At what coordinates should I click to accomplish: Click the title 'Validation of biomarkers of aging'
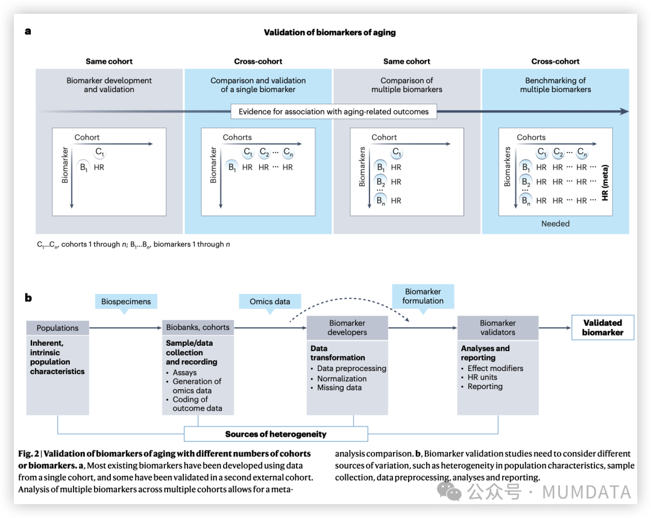pyautogui.click(x=330, y=33)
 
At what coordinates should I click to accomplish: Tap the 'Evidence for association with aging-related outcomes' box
pyautogui.click(x=333, y=111)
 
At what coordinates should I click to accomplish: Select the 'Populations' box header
pyautogui.click(x=58, y=328)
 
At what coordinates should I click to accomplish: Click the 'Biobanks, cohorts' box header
pyautogui.click(x=198, y=327)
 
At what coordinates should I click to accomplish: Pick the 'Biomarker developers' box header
pyautogui.click(x=347, y=328)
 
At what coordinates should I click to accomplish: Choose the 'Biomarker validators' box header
pyautogui.click(x=497, y=328)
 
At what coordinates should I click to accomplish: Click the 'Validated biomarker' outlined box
pyautogui.click(x=602, y=328)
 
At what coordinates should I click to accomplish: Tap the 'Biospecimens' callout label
pyautogui.click(x=126, y=301)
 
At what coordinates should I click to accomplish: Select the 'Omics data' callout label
pyautogui.click(x=269, y=301)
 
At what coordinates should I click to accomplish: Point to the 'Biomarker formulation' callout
pyautogui.click(x=423, y=296)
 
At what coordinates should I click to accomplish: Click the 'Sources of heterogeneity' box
pyautogui.click(x=275, y=434)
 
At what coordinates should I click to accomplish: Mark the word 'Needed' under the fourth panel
pyautogui.click(x=555, y=223)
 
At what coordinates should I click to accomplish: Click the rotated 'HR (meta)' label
pyautogui.click(x=605, y=183)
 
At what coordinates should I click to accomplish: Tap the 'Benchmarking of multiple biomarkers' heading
pyautogui.click(x=555, y=85)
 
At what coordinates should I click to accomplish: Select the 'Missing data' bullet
pyautogui.click(x=339, y=387)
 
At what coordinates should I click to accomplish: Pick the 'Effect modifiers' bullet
pyautogui.click(x=495, y=368)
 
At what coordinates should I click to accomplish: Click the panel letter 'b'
pyautogui.click(x=28, y=298)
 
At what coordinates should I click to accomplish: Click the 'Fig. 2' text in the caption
pyautogui.click(x=28, y=454)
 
